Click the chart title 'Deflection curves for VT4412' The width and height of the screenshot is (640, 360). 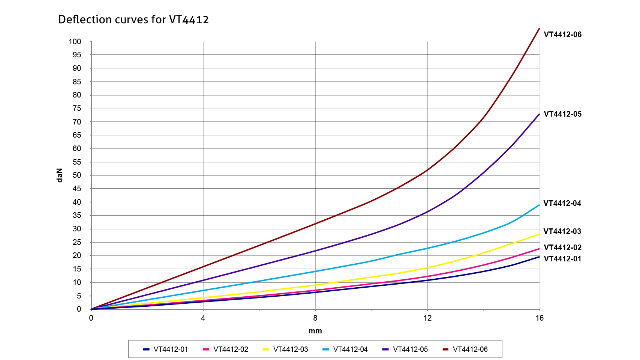133,19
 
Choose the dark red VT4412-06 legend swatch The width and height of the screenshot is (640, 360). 445,349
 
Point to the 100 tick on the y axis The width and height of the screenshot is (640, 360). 75,42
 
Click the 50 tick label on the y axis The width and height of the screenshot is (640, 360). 77,175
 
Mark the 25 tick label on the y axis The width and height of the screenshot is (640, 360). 77,242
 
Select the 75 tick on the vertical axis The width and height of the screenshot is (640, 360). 77,108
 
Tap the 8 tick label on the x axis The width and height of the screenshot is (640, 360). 315,318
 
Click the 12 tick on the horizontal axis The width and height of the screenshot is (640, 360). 427,318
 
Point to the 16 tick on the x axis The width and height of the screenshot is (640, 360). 540,318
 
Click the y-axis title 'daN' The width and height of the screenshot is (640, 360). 59,175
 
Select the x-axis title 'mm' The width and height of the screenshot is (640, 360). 315,331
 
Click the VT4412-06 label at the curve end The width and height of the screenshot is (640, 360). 562,34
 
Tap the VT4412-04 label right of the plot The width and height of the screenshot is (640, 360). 562,203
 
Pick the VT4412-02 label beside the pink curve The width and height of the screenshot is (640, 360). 562,247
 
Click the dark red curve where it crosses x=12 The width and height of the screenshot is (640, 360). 427,170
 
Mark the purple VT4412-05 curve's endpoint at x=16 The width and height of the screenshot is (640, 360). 539,114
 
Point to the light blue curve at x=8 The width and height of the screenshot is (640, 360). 315,271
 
